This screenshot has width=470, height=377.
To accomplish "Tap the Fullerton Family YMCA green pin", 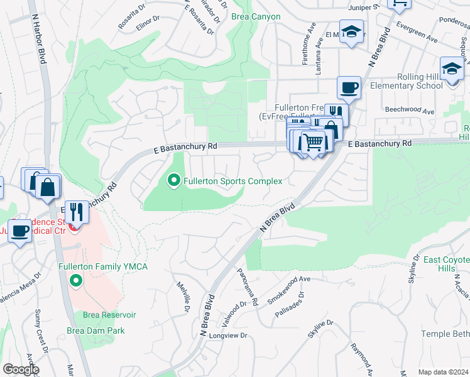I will (76, 280).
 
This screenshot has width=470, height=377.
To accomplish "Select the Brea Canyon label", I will (256, 16).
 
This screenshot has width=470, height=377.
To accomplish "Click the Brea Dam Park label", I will (96, 331).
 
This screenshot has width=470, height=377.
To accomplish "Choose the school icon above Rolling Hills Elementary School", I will (452, 68).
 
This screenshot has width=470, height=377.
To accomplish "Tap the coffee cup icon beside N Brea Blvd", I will (349, 87).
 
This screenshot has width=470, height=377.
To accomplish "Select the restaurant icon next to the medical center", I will (77, 212).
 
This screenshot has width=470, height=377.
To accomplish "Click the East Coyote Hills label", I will (447, 264).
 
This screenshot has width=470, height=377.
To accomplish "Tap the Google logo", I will (21, 369).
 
